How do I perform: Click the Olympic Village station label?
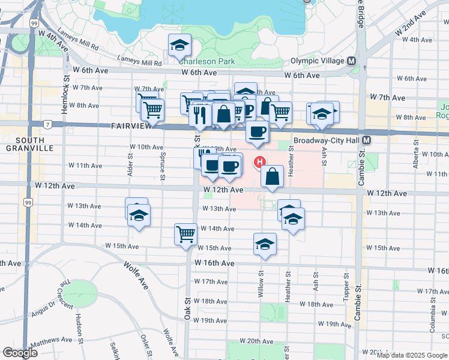317,61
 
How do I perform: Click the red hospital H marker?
261,161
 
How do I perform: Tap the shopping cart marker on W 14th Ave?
185,233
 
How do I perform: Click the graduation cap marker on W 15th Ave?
264,244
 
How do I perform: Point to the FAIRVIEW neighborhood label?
130,127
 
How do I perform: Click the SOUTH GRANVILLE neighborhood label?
25,143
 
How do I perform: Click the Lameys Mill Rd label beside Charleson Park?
140,62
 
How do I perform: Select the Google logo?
20,353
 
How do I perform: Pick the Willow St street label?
262,278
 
